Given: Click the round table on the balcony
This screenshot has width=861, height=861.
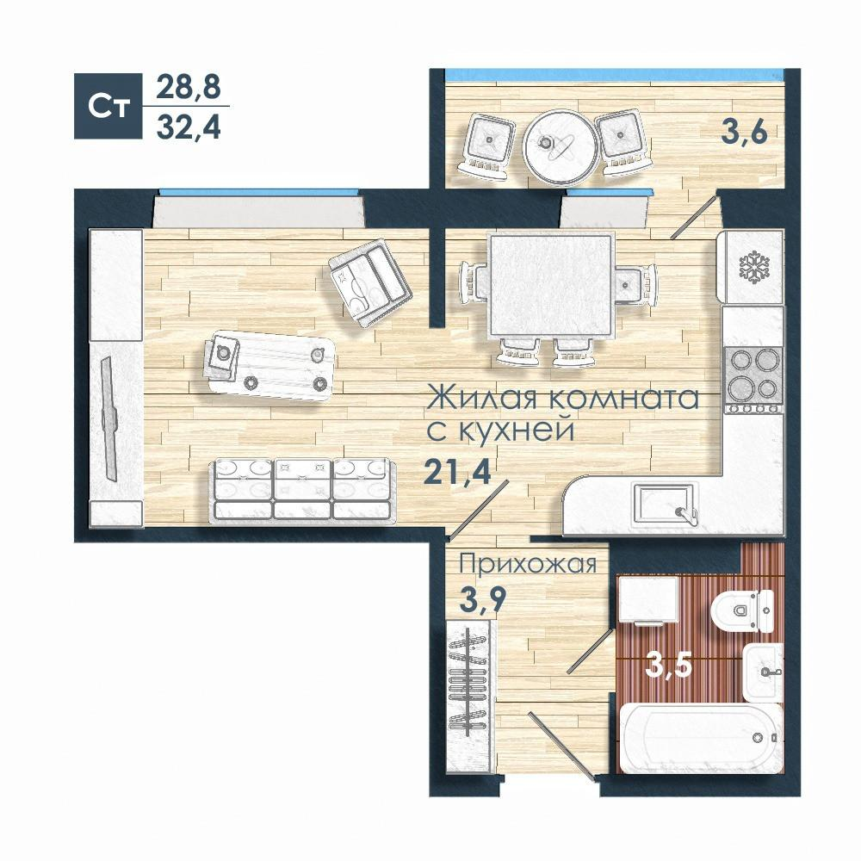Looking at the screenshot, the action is [561, 146].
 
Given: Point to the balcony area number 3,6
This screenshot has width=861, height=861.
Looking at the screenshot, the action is [744, 132].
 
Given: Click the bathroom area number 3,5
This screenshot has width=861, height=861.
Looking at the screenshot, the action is [668, 666].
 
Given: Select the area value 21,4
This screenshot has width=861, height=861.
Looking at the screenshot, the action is [457, 471].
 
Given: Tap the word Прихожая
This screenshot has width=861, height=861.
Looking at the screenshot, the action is [528, 565].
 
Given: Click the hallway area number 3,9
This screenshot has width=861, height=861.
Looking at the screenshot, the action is [481, 598].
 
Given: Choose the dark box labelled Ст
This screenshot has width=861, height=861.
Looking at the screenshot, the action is [108, 106].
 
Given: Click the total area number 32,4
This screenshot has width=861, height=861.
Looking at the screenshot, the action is [189, 127].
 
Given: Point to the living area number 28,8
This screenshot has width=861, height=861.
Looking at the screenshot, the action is [189, 87].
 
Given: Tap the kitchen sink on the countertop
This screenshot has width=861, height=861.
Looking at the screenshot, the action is [665, 504].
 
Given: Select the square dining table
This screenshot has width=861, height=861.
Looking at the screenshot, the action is [551, 286].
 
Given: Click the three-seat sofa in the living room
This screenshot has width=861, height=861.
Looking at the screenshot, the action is [302, 489].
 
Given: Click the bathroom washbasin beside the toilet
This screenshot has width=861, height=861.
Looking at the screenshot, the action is [763, 672].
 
